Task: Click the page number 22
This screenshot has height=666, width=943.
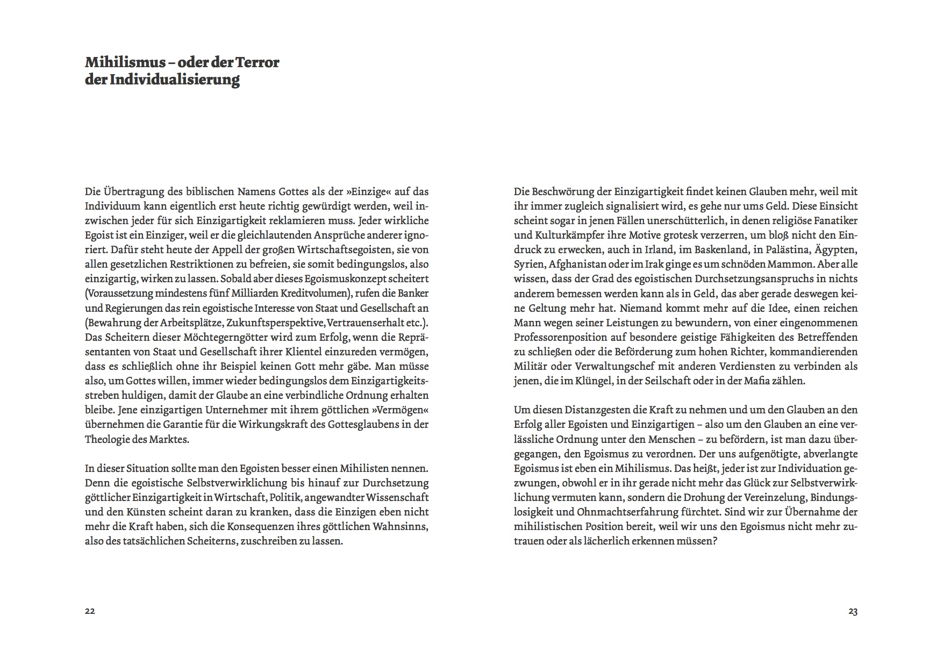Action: (90, 611)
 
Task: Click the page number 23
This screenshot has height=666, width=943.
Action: (853, 611)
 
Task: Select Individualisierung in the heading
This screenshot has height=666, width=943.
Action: (174, 80)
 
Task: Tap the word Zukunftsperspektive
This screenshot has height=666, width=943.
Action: (275, 323)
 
